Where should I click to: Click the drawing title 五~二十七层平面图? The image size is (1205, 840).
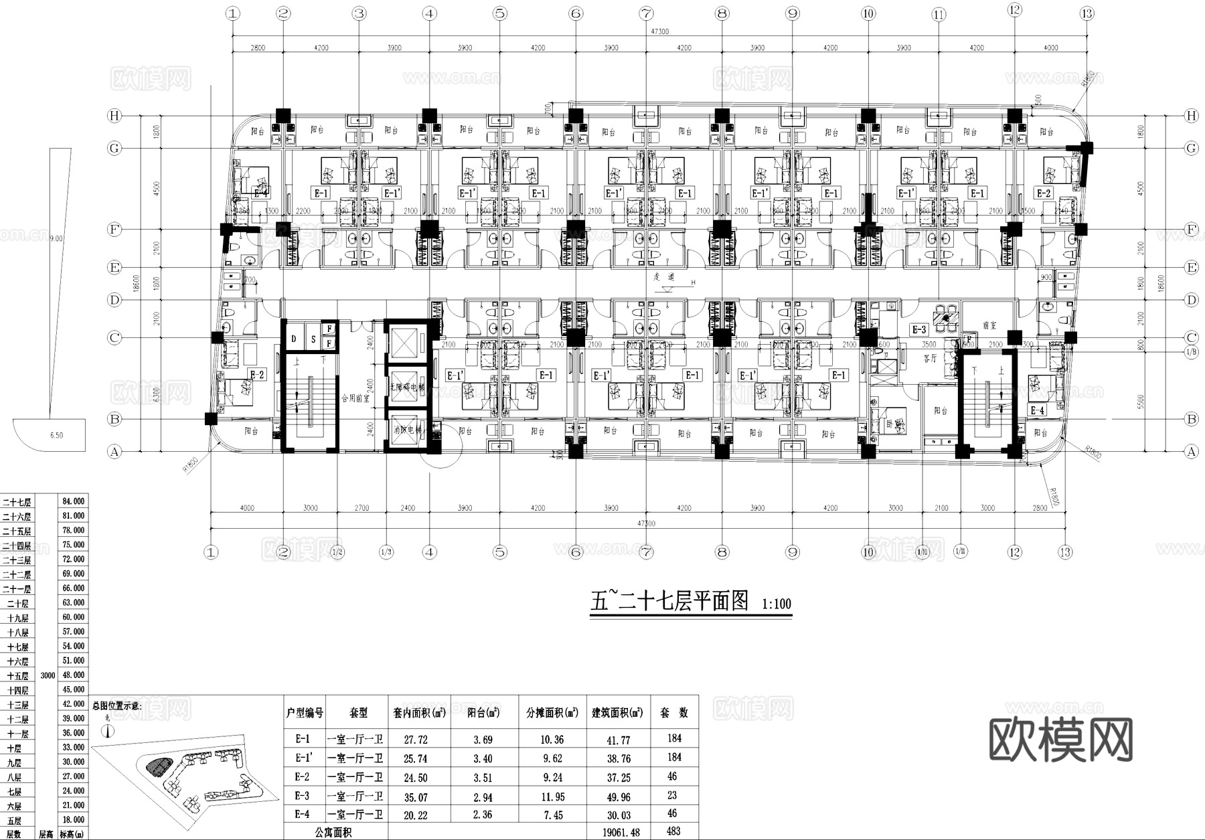click(x=669, y=600)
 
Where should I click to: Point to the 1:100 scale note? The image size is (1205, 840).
click(x=777, y=604)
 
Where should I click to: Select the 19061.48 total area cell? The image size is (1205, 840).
click(x=617, y=832)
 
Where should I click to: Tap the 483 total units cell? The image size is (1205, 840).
click(x=673, y=831)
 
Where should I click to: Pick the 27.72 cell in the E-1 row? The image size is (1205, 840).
click(x=416, y=740)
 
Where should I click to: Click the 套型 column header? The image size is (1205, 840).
click(x=359, y=713)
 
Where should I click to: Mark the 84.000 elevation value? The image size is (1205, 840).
click(x=73, y=501)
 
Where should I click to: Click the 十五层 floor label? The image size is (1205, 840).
click(x=18, y=676)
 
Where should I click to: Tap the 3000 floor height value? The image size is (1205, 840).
click(x=48, y=675)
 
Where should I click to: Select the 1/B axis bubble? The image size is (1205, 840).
click(x=1191, y=351)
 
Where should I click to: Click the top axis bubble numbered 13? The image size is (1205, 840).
click(x=1087, y=13)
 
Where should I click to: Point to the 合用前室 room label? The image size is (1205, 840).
click(x=355, y=396)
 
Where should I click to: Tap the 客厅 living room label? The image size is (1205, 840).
click(x=930, y=358)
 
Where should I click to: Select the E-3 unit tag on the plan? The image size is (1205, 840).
click(x=919, y=329)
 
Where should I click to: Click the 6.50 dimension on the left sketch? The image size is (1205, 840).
click(x=56, y=435)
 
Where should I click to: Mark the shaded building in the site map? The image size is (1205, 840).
click(x=159, y=765)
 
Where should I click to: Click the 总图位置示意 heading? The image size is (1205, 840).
click(x=117, y=705)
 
